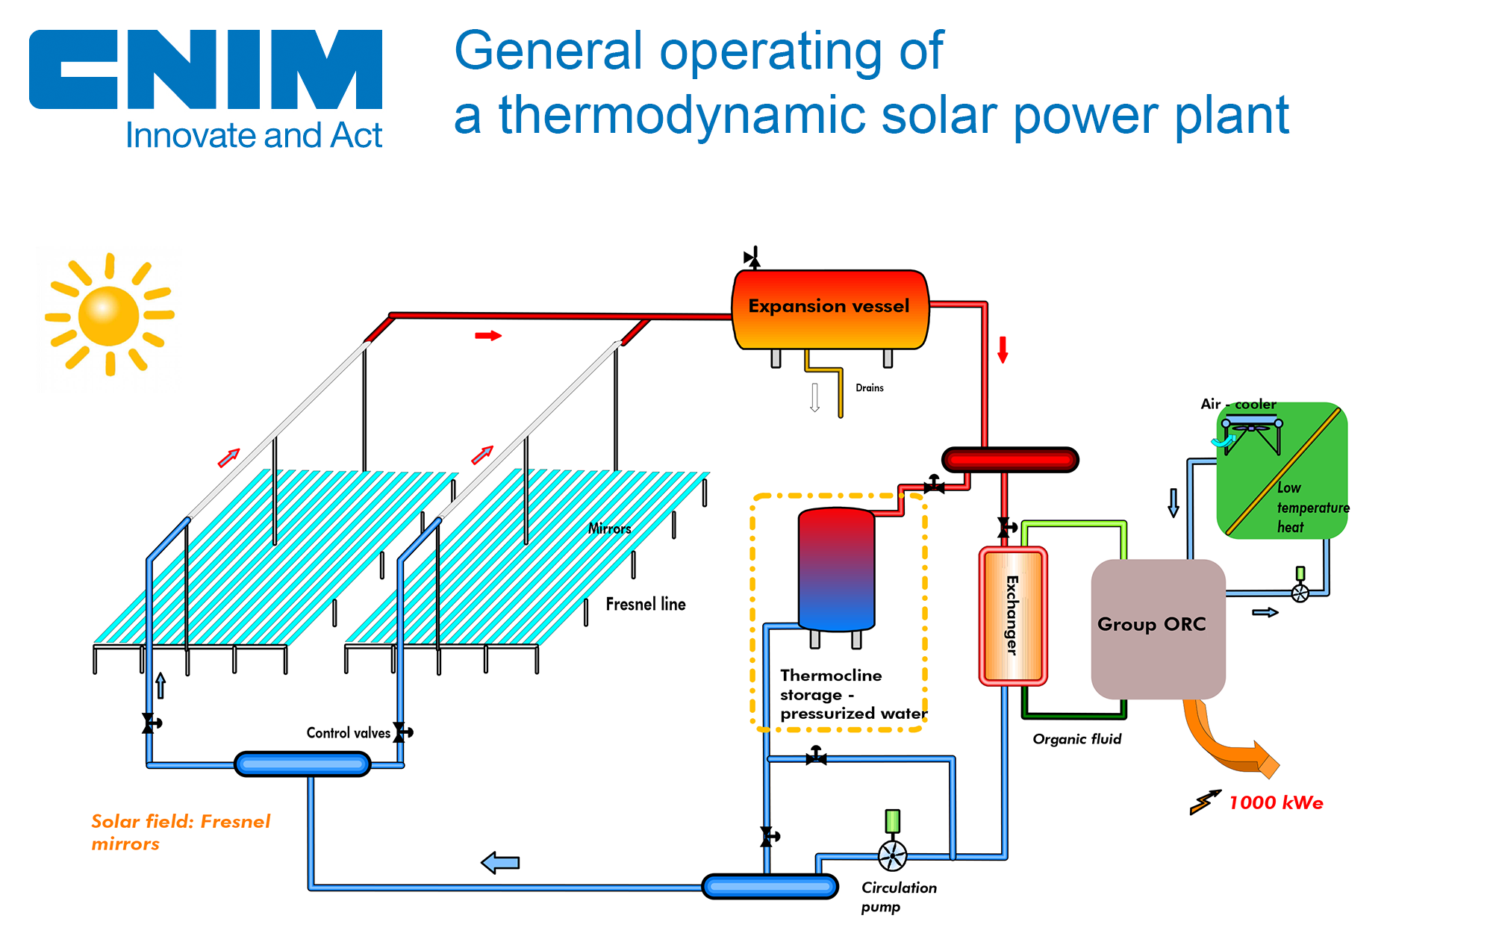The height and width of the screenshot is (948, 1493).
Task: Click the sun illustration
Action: [x=109, y=315]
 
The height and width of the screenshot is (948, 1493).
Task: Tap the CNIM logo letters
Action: [x=205, y=69]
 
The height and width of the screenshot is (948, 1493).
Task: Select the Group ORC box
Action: [x=1157, y=629]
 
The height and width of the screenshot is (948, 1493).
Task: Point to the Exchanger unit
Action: [x=1012, y=616]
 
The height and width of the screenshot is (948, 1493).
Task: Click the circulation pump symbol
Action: [x=892, y=855]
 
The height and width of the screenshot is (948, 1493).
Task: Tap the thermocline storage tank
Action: [x=836, y=569]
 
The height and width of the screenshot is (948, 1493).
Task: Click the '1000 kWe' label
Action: [x=1276, y=803]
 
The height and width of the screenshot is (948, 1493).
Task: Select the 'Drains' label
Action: [x=870, y=388]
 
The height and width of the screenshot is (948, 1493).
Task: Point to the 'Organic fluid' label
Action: [x=1077, y=739]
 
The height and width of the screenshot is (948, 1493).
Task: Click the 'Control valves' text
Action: [x=348, y=733]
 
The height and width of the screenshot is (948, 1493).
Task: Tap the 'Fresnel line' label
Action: [x=646, y=604]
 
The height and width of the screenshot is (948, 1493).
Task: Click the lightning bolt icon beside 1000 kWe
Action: [x=1205, y=802]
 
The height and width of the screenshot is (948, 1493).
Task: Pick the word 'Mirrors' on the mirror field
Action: [x=609, y=528]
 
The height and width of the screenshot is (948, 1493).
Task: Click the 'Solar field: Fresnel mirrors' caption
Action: [x=180, y=832]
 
